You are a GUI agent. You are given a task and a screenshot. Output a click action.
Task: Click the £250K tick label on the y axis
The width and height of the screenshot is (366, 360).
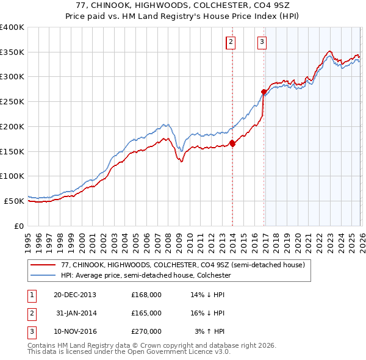click(12, 101)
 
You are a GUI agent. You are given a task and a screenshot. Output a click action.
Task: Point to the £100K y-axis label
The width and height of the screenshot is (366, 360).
click(12, 176)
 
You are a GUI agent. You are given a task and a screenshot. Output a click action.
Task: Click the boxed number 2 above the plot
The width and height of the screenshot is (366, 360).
click(231, 42)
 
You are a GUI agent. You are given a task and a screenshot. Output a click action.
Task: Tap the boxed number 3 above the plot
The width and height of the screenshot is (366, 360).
click(262, 42)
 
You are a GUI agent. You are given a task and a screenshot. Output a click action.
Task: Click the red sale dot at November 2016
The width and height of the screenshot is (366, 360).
click(264, 92)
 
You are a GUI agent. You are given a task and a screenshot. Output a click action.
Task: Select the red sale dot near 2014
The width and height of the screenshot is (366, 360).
click(232, 143)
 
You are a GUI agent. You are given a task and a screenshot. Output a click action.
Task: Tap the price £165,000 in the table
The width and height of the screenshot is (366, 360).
click(146, 313)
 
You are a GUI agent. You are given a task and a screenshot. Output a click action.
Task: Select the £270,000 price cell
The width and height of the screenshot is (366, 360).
click(146, 331)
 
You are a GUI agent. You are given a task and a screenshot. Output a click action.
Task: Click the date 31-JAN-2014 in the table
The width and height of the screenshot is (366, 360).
click(76, 313)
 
